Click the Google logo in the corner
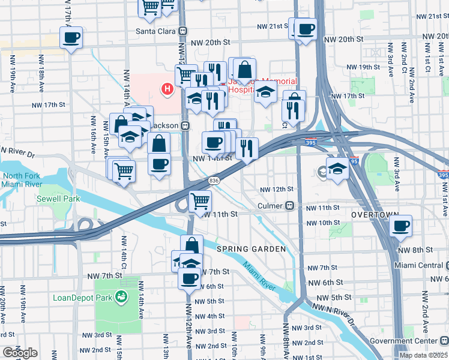point(20,353)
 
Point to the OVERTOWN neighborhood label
point(375,215)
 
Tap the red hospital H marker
point(167,90)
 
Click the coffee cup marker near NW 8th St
point(400,227)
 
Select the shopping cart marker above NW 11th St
point(200,202)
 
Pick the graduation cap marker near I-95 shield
point(338,168)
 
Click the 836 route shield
point(214,180)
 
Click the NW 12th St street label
point(276,190)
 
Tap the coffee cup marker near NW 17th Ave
point(71,38)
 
